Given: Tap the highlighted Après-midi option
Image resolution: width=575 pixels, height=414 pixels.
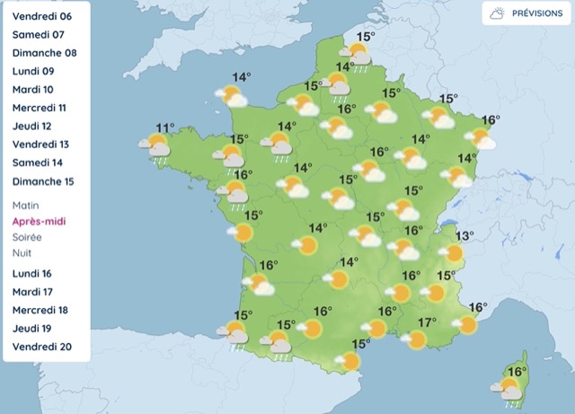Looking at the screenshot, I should click(x=40, y=221).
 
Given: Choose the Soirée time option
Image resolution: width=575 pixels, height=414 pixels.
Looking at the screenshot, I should click(x=26, y=237).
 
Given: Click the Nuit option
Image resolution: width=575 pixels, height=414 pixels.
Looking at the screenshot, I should click(x=22, y=253).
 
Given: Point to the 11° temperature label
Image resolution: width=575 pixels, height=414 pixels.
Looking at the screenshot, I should click(x=164, y=128).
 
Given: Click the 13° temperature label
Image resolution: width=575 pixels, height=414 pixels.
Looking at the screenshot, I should click(x=464, y=236).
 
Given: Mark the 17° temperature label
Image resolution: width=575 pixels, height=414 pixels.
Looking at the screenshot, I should click(x=428, y=322).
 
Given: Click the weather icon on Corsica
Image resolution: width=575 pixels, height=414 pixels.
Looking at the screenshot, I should click(x=509, y=390).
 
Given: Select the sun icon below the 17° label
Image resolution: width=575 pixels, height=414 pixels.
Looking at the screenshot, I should click(x=416, y=339).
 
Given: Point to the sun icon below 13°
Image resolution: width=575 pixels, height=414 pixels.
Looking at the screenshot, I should click(x=453, y=254).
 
